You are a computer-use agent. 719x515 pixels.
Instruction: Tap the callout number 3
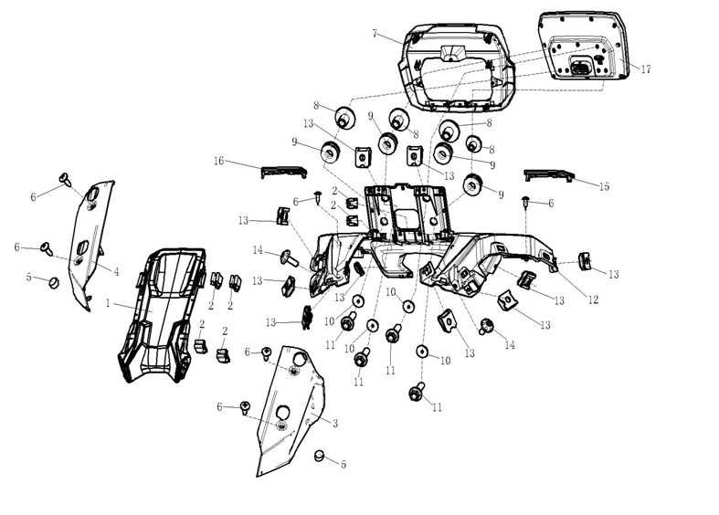click(335, 423)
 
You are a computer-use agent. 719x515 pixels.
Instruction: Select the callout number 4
click(117, 270)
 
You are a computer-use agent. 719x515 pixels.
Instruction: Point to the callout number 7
click(375, 33)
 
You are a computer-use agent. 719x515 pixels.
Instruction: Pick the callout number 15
click(604, 187)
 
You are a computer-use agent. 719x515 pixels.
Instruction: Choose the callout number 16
click(218, 162)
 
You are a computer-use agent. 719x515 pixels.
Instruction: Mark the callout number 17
click(646, 69)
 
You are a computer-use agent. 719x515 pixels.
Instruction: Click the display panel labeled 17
click(585, 46)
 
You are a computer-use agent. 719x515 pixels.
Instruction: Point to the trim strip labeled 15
click(547, 175)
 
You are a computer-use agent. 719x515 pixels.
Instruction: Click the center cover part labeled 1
click(160, 310)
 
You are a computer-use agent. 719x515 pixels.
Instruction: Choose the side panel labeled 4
click(92, 242)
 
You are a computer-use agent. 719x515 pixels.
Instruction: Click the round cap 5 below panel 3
click(321, 456)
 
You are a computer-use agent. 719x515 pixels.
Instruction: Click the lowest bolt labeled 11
click(417, 394)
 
